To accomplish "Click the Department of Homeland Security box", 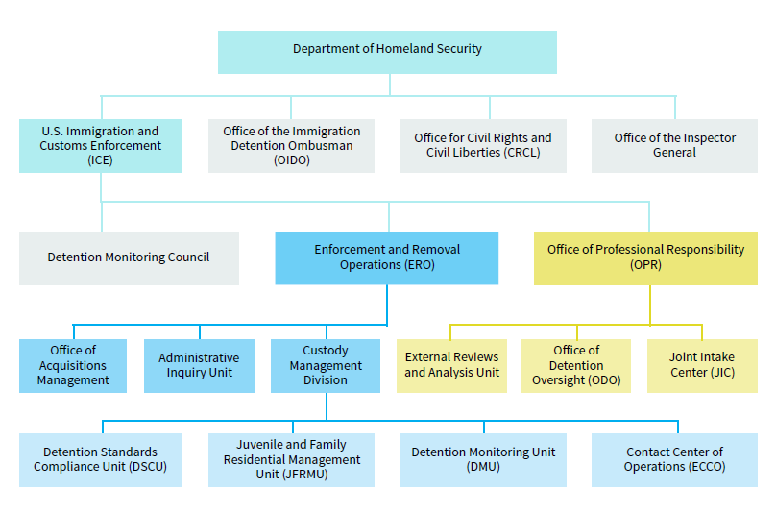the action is pyautogui.click(x=387, y=52).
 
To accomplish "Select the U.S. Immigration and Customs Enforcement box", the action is pyautogui.click(x=100, y=146).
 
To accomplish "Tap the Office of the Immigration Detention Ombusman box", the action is pyautogui.click(x=291, y=146).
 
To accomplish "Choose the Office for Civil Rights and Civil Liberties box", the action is pyautogui.click(x=483, y=146).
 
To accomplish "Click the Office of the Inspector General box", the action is pyautogui.click(x=674, y=146).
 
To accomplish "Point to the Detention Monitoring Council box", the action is pyautogui.click(x=129, y=258).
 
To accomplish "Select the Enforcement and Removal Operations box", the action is pyautogui.click(x=386, y=258).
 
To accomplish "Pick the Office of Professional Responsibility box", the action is pyautogui.click(x=645, y=258).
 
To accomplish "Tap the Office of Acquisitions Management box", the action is pyautogui.click(x=73, y=365).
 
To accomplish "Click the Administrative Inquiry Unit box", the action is pyautogui.click(x=199, y=365).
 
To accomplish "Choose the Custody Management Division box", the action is pyautogui.click(x=326, y=365).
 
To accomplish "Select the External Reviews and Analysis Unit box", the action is pyautogui.click(x=451, y=365).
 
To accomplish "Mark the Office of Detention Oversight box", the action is pyautogui.click(x=576, y=365).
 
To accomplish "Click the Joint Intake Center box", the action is pyautogui.click(x=702, y=365).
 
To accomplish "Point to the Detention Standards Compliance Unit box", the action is pyautogui.click(x=100, y=460).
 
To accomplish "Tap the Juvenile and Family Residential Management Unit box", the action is pyautogui.click(x=291, y=460).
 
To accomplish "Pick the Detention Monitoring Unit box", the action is pyautogui.click(x=483, y=460).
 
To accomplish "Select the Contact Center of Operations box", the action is pyautogui.click(x=674, y=460).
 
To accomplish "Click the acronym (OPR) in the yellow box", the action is pyautogui.click(x=645, y=265).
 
